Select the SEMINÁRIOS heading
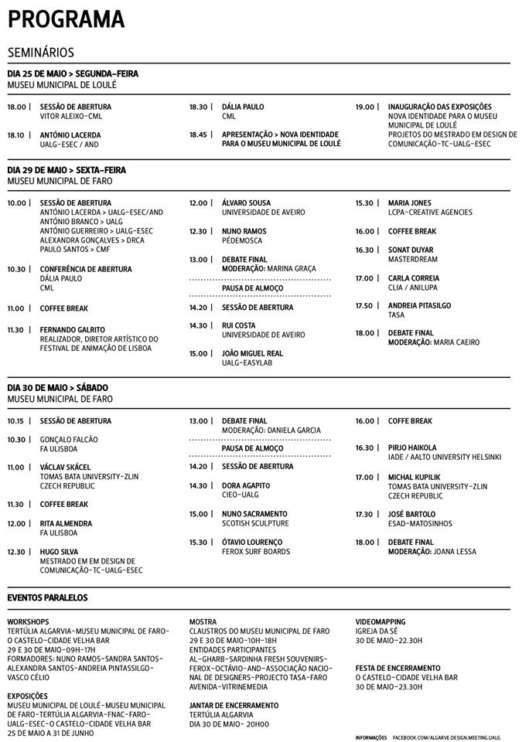pyautogui.click(x=40, y=53)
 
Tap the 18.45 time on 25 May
pyautogui.click(x=197, y=134)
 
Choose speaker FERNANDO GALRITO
pyautogui.click(x=72, y=329)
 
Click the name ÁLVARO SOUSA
pyautogui.click(x=246, y=203)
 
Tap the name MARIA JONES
pyautogui.click(x=410, y=203)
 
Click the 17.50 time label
pyautogui.click(x=363, y=306)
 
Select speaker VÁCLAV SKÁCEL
pyautogui.click(x=65, y=467)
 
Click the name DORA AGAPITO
pyautogui.click(x=246, y=485)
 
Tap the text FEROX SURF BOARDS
pyautogui.click(x=255, y=551)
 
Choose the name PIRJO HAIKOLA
pyautogui.click(x=412, y=448)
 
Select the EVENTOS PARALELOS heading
pyautogui.click(x=47, y=597)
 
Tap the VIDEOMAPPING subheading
pyautogui.click(x=381, y=621)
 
